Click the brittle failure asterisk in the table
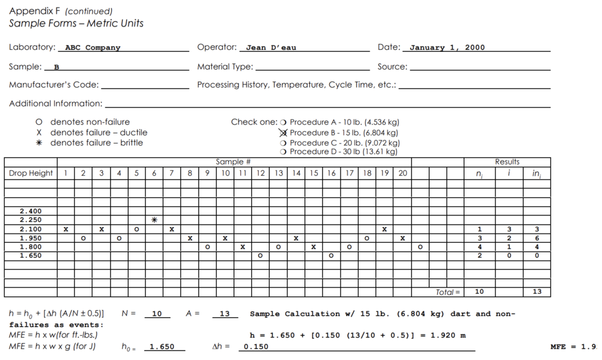click(x=154, y=220)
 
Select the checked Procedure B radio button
click(x=283, y=133)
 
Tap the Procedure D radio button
click(x=283, y=152)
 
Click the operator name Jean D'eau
click(x=271, y=48)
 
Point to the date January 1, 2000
click(x=447, y=48)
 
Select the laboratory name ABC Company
click(x=92, y=48)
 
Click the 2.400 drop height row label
click(x=31, y=211)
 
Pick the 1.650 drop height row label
click(x=31, y=256)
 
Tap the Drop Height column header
click(x=31, y=174)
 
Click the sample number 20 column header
click(x=402, y=174)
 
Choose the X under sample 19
click(x=384, y=229)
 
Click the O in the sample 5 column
click(x=136, y=229)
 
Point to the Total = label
click(x=449, y=292)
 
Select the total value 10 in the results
click(x=480, y=292)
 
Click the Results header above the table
click(x=507, y=162)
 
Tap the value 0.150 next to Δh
click(x=257, y=347)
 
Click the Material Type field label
click(x=225, y=67)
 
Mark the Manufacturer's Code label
click(x=53, y=85)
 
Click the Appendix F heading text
click(x=35, y=11)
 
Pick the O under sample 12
click(x=260, y=256)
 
